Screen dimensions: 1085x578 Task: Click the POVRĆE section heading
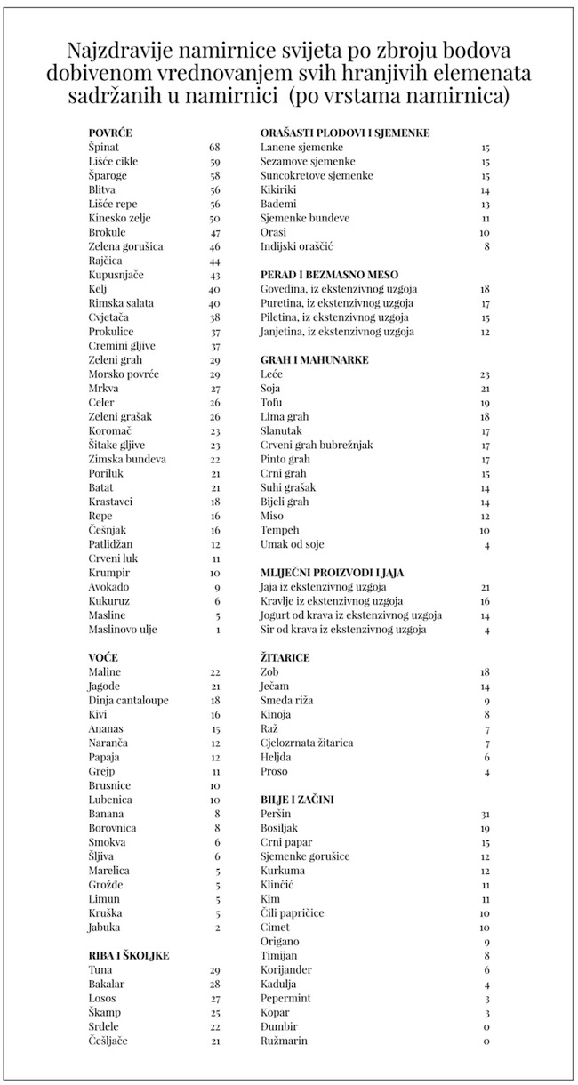tap(110, 133)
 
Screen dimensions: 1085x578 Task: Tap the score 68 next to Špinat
tap(214, 147)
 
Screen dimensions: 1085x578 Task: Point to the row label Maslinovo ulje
tap(123, 630)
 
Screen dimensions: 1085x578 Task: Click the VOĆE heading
tap(104, 657)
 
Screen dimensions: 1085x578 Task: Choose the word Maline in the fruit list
tap(104, 671)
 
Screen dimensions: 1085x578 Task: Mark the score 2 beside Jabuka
tap(217, 928)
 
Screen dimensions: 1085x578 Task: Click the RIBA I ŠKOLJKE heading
tap(129, 955)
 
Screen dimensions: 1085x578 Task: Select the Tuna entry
tap(100, 969)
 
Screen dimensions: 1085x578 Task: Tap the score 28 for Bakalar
tap(214, 984)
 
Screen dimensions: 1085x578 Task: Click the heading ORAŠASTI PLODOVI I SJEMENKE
tap(345, 133)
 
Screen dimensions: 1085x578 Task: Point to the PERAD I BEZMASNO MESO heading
tap(329, 275)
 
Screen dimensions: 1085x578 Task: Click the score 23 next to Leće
tap(485, 374)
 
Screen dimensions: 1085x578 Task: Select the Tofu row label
tap(272, 403)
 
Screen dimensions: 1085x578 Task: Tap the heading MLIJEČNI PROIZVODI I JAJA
tap(333, 573)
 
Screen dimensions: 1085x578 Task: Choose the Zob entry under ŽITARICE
tap(269, 672)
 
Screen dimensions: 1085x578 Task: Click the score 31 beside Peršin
tap(485, 814)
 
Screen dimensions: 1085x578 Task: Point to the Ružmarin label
tap(285, 1041)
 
